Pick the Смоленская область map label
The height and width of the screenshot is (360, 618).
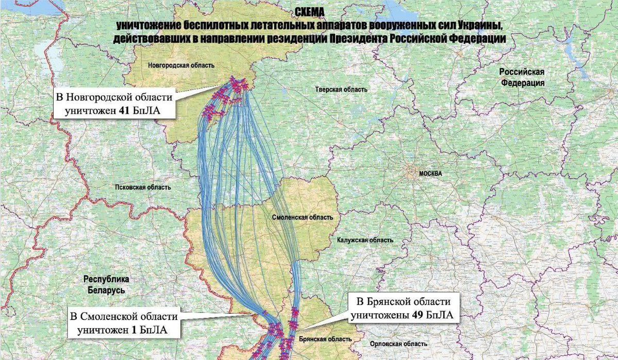click(302, 217)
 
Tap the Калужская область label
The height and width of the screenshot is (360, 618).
click(365, 241)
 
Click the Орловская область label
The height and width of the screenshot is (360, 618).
click(393, 344)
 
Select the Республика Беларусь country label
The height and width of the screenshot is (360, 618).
click(106, 285)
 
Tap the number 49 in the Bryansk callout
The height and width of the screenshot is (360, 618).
click(417, 315)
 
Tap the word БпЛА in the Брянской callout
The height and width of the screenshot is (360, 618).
click(439, 315)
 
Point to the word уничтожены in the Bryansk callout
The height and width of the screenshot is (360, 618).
click(378, 315)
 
